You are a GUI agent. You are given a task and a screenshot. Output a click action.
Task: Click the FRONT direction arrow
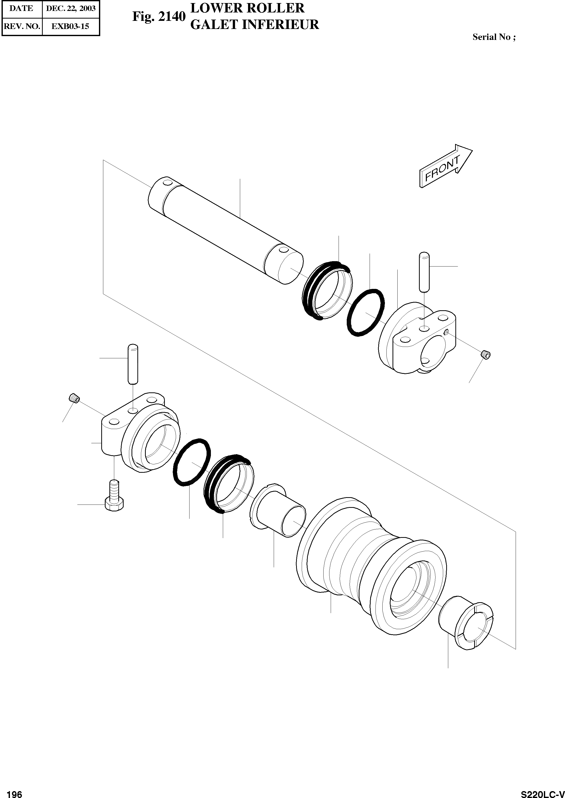[445, 166]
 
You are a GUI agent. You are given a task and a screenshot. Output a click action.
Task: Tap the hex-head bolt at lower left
[114, 497]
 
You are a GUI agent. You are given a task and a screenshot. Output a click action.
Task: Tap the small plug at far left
[74, 397]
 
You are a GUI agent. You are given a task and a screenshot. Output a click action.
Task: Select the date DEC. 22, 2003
[71, 8]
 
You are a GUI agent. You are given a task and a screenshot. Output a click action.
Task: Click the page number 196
[14, 791]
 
